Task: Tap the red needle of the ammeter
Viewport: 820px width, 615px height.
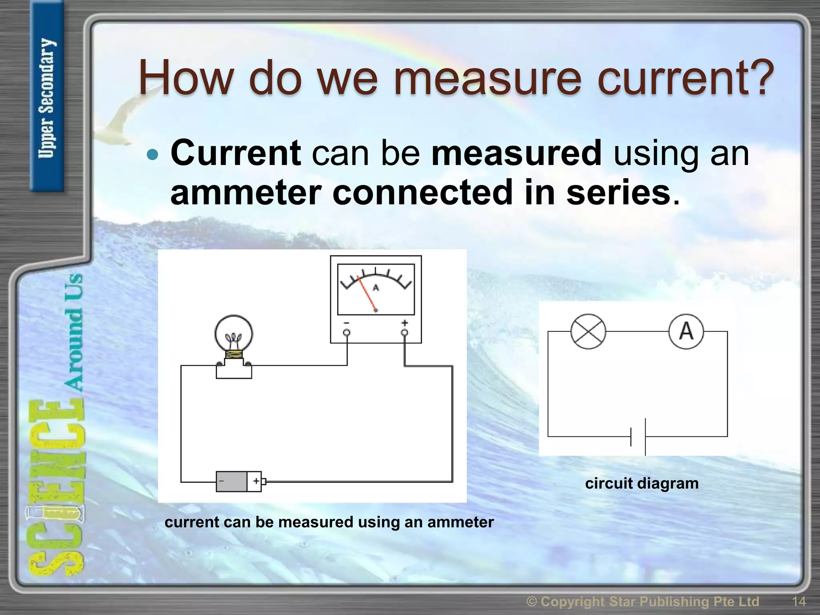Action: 367,294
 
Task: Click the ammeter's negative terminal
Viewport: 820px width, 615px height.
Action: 347,332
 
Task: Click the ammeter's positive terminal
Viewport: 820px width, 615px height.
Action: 404,332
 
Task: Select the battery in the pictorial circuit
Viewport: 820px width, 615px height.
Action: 239,481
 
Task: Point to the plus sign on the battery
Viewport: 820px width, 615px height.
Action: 256,481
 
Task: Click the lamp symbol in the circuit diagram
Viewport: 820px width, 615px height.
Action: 588,332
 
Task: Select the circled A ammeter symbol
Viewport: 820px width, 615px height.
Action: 686,332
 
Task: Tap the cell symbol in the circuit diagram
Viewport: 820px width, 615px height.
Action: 638,437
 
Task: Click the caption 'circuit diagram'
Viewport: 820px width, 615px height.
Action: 641,483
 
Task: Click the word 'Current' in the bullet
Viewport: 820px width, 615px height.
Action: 236,153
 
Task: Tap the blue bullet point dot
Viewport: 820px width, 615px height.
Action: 153,155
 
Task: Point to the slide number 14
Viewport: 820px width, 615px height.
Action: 799,601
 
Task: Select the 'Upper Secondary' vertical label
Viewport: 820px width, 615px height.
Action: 47,98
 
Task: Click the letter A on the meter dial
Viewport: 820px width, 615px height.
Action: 376,287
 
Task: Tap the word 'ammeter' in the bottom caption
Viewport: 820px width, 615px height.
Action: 460,522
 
